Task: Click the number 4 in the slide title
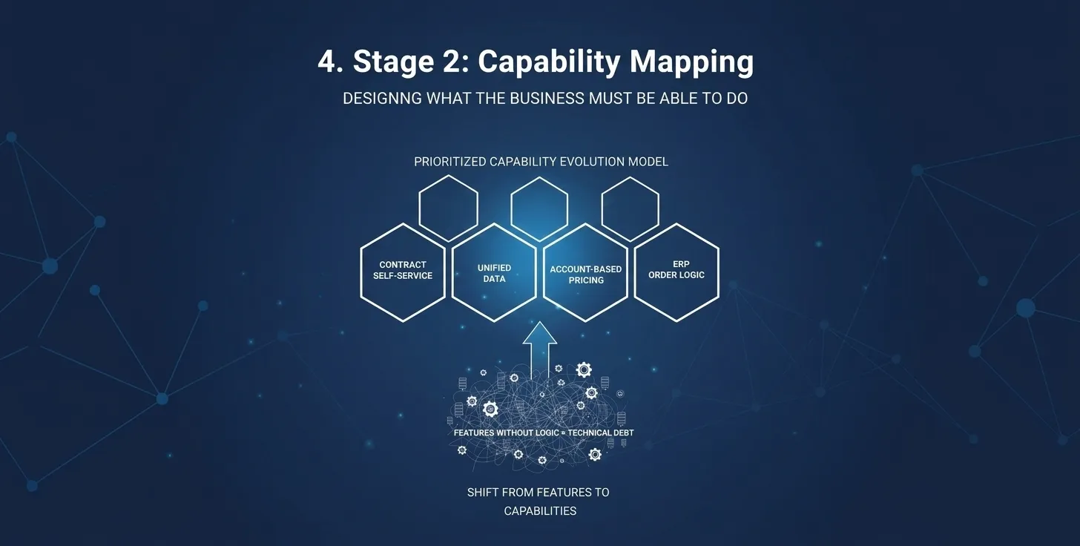click(x=326, y=62)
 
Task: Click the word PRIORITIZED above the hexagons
click(x=450, y=162)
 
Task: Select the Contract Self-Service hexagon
click(x=403, y=272)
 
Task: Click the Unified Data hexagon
click(x=494, y=272)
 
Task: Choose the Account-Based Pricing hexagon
click(x=586, y=273)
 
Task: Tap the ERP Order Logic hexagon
click(x=676, y=271)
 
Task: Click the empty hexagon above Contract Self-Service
click(x=448, y=208)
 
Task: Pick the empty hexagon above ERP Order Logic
click(x=630, y=208)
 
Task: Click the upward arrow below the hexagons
click(x=539, y=349)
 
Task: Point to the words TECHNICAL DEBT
click(x=601, y=432)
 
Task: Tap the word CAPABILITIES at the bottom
click(x=540, y=511)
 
